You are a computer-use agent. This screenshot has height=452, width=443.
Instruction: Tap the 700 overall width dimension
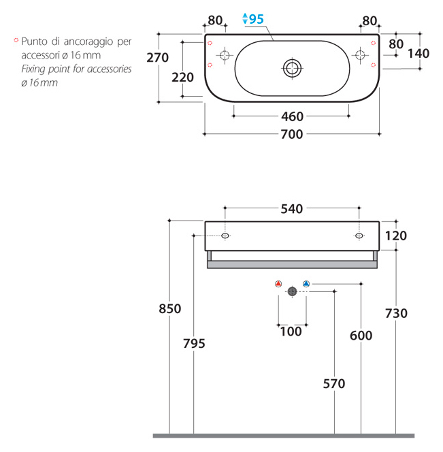[292, 134]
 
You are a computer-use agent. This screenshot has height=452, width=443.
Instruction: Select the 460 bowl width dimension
[292, 117]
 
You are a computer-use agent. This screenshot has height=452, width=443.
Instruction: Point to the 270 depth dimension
[157, 58]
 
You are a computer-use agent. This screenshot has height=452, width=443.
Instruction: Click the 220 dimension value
[182, 78]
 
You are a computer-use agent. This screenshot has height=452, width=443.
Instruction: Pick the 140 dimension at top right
[419, 54]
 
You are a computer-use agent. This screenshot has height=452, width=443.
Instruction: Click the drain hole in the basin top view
[292, 68]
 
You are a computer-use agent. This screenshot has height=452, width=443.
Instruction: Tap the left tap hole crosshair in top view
[225, 54]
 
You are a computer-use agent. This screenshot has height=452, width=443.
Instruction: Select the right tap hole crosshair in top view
[360, 54]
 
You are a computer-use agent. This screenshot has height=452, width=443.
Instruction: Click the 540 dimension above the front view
[292, 209]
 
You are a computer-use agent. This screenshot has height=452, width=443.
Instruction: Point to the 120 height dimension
[396, 236]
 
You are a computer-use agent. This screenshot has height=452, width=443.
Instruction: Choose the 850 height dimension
[169, 309]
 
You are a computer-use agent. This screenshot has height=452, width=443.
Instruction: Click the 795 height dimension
[194, 344]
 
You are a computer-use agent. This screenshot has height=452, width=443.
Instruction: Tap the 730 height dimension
[396, 313]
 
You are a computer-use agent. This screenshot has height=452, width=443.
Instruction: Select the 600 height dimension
[361, 336]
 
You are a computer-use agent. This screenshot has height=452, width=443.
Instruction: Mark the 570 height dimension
[334, 384]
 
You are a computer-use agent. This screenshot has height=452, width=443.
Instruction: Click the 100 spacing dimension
[291, 332]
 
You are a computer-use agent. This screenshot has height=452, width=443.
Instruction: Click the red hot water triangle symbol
[278, 284]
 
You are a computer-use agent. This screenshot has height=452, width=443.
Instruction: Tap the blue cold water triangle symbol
[306, 284]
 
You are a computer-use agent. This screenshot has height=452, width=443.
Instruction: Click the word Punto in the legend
[34, 42]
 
